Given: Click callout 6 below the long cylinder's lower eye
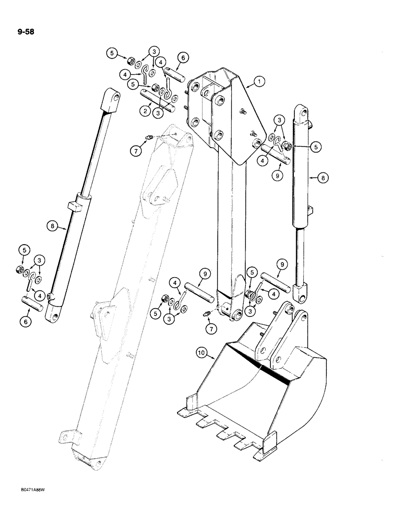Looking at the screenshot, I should [x=25, y=322].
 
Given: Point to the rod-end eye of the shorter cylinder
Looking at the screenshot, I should [x=301, y=293].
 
